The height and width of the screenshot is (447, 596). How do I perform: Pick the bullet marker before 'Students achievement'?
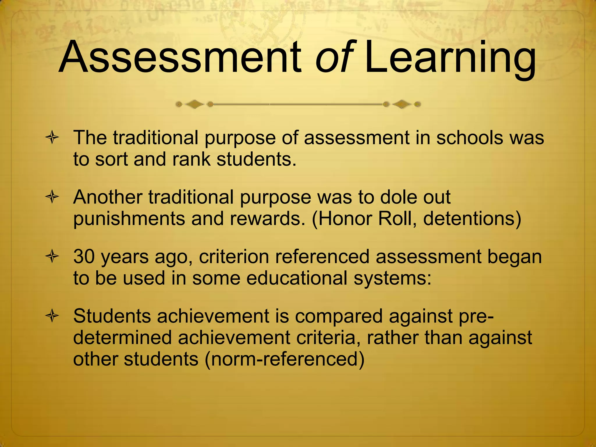click(x=52, y=316)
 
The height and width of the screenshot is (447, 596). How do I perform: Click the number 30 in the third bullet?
click(x=84, y=257)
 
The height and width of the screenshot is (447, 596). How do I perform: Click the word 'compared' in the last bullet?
click(x=339, y=316)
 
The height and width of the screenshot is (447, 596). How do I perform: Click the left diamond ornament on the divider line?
click(x=194, y=104)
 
